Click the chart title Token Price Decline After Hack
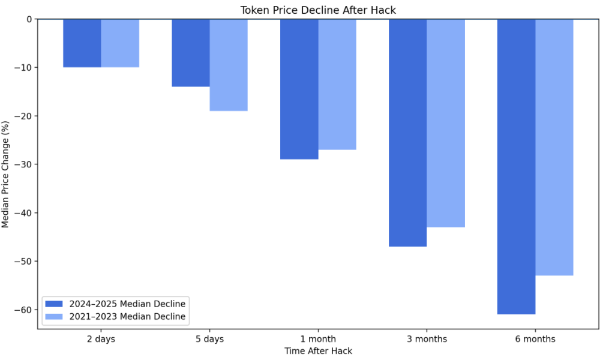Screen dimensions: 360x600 pyautogui.click(x=318, y=10)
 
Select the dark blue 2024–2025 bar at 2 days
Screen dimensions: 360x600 pyautogui.click(x=82, y=43)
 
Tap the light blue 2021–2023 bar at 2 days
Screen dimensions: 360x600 pyautogui.click(x=120, y=43)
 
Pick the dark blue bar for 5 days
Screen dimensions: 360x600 pyautogui.click(x=191, y=53)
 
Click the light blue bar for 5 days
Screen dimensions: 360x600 pyautogui.click(x=229, y=65)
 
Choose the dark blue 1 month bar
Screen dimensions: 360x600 pyautogui.click(x=299, y=89)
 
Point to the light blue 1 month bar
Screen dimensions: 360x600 pyautogui.click(x=337, y=84)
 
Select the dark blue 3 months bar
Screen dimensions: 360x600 pyautogui.click(x=408, y=133)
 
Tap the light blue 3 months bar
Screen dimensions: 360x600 pyautogui.click(x=446, y=123)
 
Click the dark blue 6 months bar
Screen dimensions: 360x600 pyautogui.click(x=516, y=166)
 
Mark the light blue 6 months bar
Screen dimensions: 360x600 pyautogui.click(x=554, y=147)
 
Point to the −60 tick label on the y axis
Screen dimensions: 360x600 pyautogui.click(x=24, y=310)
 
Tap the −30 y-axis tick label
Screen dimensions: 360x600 pyautogui.click(x=24, y=164)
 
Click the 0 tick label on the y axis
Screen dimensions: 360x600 pyautogui.click(x=29, y=19)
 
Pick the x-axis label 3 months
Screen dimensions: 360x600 pyautogui.click(x=427, y=339)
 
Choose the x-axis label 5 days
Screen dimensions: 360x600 pyautogui.click(x=209, y=339)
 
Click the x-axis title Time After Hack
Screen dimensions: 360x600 pyautogui.click(x=318, y=351)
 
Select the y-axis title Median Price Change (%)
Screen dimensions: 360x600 pyautogui.click(x=6, y=174)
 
